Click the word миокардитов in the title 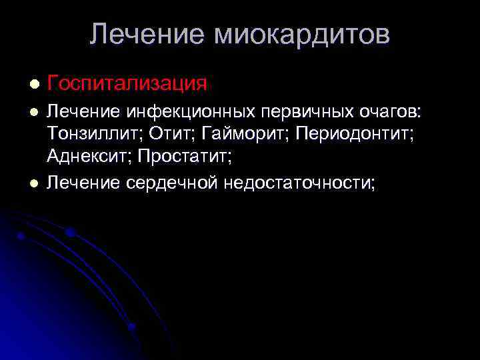(301, 34)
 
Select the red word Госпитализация (127, 84)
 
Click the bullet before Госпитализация (34, 85)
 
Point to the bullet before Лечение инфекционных (34, 115)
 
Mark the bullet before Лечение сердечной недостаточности (34, 183)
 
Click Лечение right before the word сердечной (83, 182)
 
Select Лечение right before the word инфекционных (83, 114)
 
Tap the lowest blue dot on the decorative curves (132, 326)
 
